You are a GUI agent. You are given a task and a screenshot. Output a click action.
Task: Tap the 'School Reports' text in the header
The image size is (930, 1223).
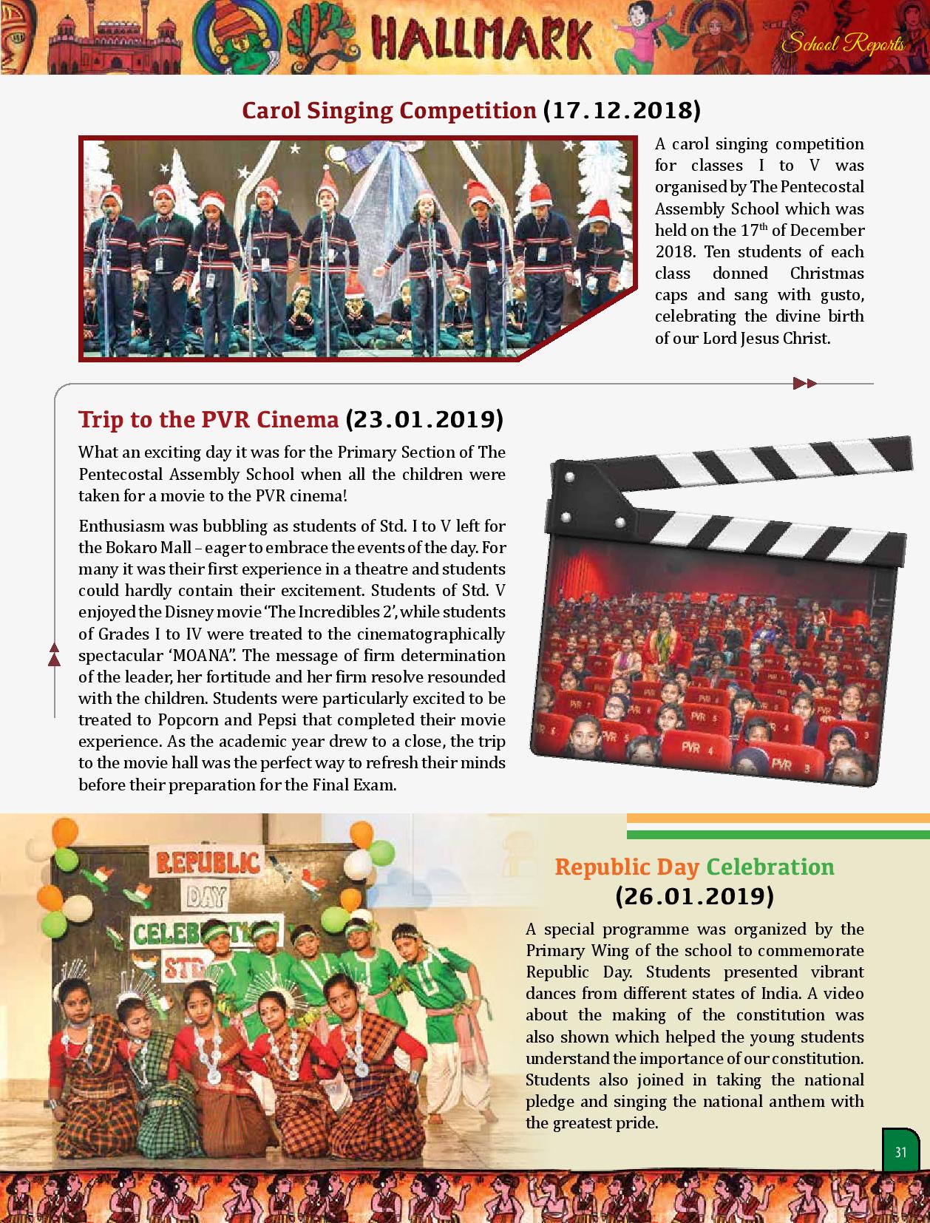point(844,44)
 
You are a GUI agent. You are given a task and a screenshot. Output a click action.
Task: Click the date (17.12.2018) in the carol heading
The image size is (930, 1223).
point(622,110)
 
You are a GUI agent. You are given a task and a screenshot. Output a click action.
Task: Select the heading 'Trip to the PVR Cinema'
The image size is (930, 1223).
point(208,419)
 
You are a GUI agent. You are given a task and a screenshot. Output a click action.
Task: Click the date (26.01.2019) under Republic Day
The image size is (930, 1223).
point(694,896)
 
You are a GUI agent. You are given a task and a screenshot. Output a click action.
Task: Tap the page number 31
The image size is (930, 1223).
point(900,1152)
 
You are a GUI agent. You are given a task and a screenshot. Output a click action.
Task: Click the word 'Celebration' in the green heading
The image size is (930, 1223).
point(770,867)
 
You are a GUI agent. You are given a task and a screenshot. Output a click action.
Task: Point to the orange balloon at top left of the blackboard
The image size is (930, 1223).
point(65,833)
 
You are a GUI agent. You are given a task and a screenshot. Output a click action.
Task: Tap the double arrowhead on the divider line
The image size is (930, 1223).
point(804,383)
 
